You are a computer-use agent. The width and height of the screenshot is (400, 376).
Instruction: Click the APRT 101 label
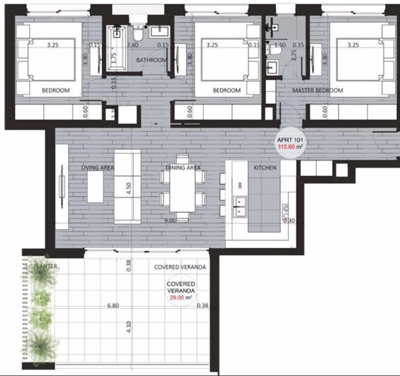pyautogui.click(x=290, y=139)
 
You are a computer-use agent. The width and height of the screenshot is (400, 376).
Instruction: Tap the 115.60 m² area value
pyautogui.click(x=290, y=147)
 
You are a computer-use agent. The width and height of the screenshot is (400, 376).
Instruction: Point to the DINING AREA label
pyautogui.click(x=183, y=168)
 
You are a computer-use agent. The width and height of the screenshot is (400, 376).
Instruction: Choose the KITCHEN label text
pyautogui.click(x=265, y=168)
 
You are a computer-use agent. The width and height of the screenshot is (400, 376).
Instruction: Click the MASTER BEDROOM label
pyautogui.click(x=319, y=91)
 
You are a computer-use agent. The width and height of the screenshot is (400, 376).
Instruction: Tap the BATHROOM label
pyautogui.click(x=152, y=60)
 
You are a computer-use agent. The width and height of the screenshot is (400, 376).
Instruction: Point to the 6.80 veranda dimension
pyautogui.click(x=113, y=306)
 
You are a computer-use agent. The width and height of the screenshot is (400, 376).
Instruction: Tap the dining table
pyautogui.click(x=183, y=193)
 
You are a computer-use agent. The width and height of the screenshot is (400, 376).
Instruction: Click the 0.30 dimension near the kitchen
pyautogui.click(x=288, y=221)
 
